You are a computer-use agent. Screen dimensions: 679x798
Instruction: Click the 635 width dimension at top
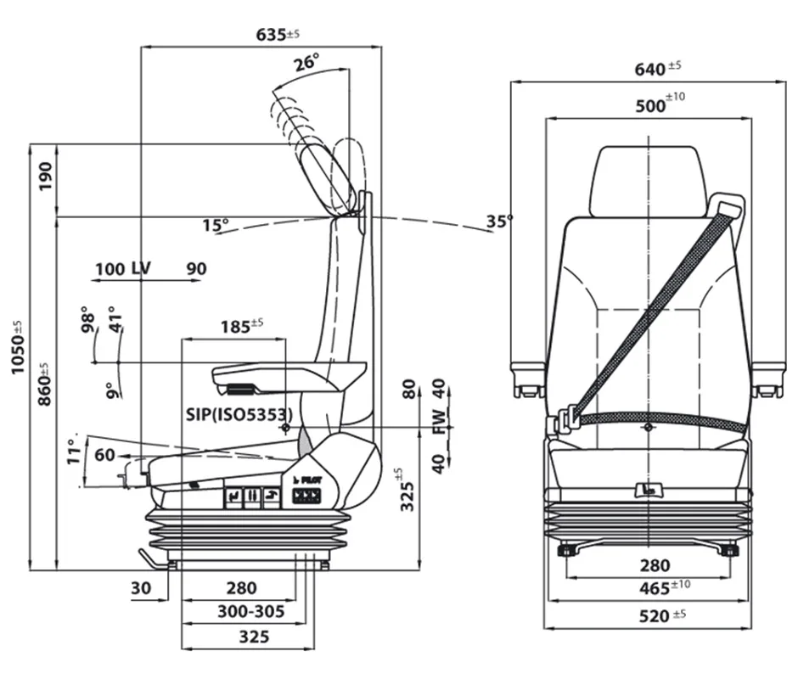(x=277, y=36)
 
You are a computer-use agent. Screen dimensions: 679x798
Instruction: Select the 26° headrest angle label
(x=306, y=63)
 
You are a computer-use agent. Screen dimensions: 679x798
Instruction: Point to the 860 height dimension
(x=44, y=383)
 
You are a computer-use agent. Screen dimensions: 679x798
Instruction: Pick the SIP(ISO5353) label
(x=239, y=414)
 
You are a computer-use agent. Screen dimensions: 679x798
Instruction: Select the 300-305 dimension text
(x=250, y=611)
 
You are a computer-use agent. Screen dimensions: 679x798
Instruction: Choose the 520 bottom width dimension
(x=652, y=616)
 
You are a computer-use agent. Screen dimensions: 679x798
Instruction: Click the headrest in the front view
(x=649, y=180)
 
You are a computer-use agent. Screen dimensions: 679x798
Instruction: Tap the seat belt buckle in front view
(x=566, y=418)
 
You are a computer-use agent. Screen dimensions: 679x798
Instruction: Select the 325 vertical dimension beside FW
(x=408, y=491)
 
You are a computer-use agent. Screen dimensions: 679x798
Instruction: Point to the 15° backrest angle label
(x=216, y=225)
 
